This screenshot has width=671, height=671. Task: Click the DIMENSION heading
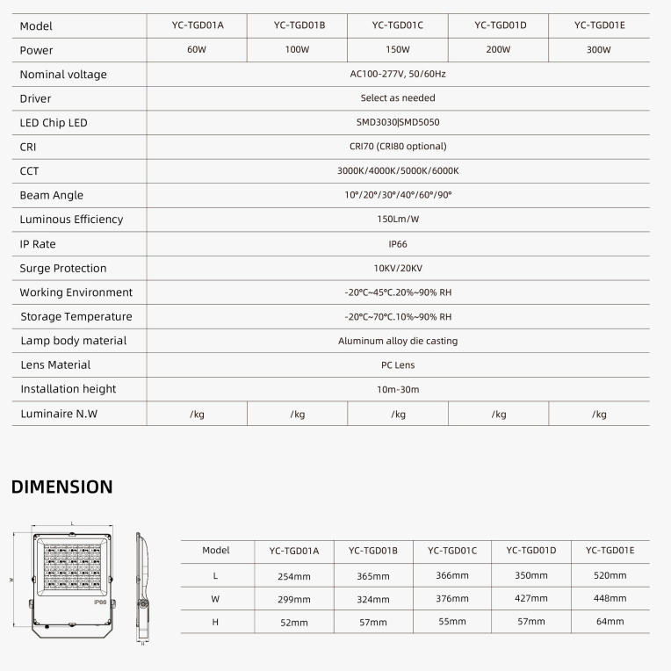pos(61,487)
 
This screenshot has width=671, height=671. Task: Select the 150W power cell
pos(398,50)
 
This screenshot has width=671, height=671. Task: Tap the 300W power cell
pos(598,50)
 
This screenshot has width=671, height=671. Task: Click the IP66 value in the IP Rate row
pos(398,244)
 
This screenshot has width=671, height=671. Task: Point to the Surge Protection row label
pos(63,269)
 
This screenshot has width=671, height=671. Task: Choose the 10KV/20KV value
pos(398,269)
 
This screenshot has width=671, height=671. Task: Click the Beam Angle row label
pos(52,196)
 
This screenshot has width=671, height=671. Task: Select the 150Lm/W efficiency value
pos(398,220)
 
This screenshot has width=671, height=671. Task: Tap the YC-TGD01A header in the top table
pos(198,25)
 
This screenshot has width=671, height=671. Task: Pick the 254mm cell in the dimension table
pos(294,576)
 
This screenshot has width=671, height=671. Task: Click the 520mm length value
pos(610,575)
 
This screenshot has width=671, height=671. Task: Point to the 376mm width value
pos(452,598)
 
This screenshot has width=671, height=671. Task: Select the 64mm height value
pos(610,622)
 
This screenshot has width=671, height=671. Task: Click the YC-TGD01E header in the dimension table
pos(610,551)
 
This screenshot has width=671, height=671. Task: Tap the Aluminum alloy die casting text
pos(398,341)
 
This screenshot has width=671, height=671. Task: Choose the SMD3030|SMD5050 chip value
pos(398,123)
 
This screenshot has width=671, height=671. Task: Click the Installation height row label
pos(69,389)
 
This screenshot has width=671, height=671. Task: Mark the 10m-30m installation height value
pos(398,389)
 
